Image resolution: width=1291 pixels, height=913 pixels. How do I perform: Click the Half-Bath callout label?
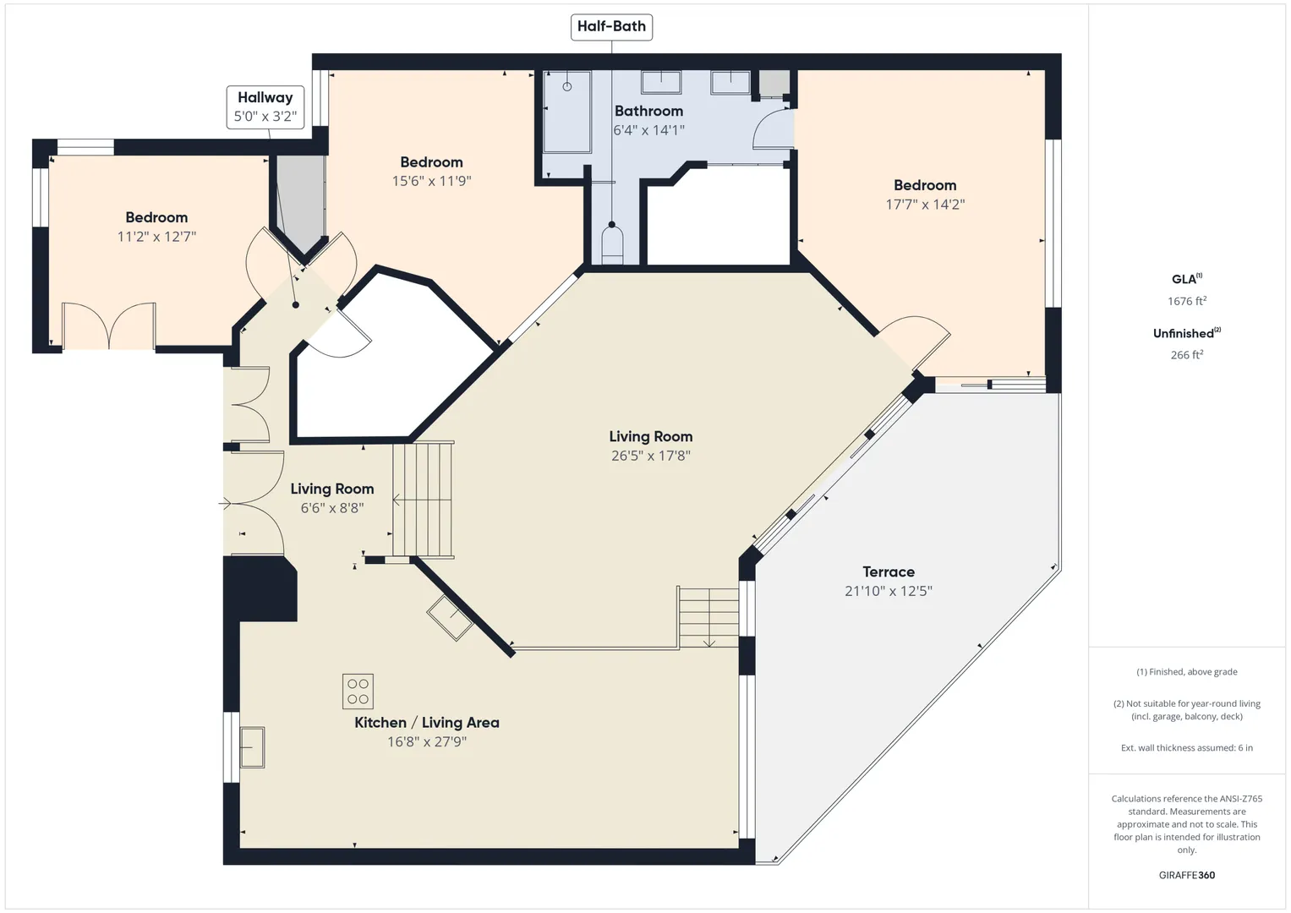611,27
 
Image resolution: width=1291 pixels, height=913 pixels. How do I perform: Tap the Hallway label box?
265,107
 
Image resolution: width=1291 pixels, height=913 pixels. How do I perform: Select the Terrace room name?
888,571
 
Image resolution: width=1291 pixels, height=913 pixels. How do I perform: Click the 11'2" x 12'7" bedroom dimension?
156,237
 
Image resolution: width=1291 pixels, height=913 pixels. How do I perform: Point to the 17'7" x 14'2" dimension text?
925,204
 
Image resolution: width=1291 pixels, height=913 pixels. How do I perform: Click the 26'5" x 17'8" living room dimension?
651,456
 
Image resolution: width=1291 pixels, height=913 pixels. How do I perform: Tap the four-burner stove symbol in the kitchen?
358,692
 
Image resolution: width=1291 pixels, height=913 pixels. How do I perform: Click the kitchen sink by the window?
252,747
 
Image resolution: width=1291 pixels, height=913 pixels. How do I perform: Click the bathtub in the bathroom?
567,112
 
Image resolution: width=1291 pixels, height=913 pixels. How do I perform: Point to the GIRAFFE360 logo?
1187,875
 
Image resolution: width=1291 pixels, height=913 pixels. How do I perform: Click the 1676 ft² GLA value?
1187,301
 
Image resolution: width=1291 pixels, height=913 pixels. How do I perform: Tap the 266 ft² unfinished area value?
1187,354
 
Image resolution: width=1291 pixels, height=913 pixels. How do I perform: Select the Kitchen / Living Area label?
426,722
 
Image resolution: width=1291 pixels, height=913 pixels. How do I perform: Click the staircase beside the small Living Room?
424,500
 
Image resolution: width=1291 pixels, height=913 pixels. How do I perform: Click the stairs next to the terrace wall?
708,617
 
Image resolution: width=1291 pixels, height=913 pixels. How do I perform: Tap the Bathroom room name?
648,111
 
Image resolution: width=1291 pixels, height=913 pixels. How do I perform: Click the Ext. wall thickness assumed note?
1187,747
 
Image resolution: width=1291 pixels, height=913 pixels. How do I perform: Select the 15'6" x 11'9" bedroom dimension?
432,181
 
